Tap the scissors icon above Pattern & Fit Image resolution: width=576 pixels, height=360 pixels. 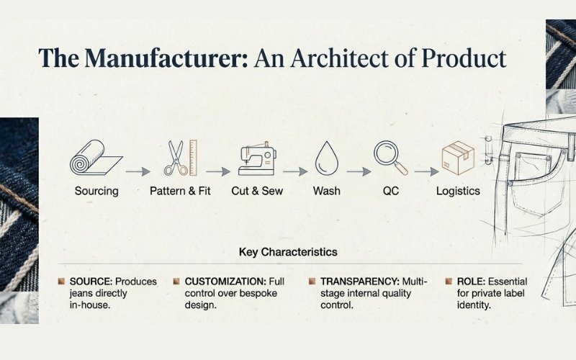tap(176, 158)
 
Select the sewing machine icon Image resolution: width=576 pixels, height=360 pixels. tap(256, 158)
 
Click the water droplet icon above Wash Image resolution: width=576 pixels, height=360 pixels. tap(326, 158)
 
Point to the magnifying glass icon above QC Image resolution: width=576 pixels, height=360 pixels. tap(390, 158)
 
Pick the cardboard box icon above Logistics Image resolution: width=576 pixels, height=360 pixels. tap(457, 158)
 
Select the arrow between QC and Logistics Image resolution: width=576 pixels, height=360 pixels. tap(426, 172)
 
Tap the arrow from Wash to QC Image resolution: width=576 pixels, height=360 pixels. tap(359, 172)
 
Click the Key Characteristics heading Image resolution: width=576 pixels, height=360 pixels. tap(288, 253)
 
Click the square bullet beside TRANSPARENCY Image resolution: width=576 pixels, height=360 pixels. tap(312, 281)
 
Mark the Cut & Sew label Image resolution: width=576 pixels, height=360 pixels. tap(257, 192)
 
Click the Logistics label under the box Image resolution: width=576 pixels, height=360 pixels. tap(458, 192)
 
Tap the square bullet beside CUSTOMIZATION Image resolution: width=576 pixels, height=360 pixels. tap(176, 281)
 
